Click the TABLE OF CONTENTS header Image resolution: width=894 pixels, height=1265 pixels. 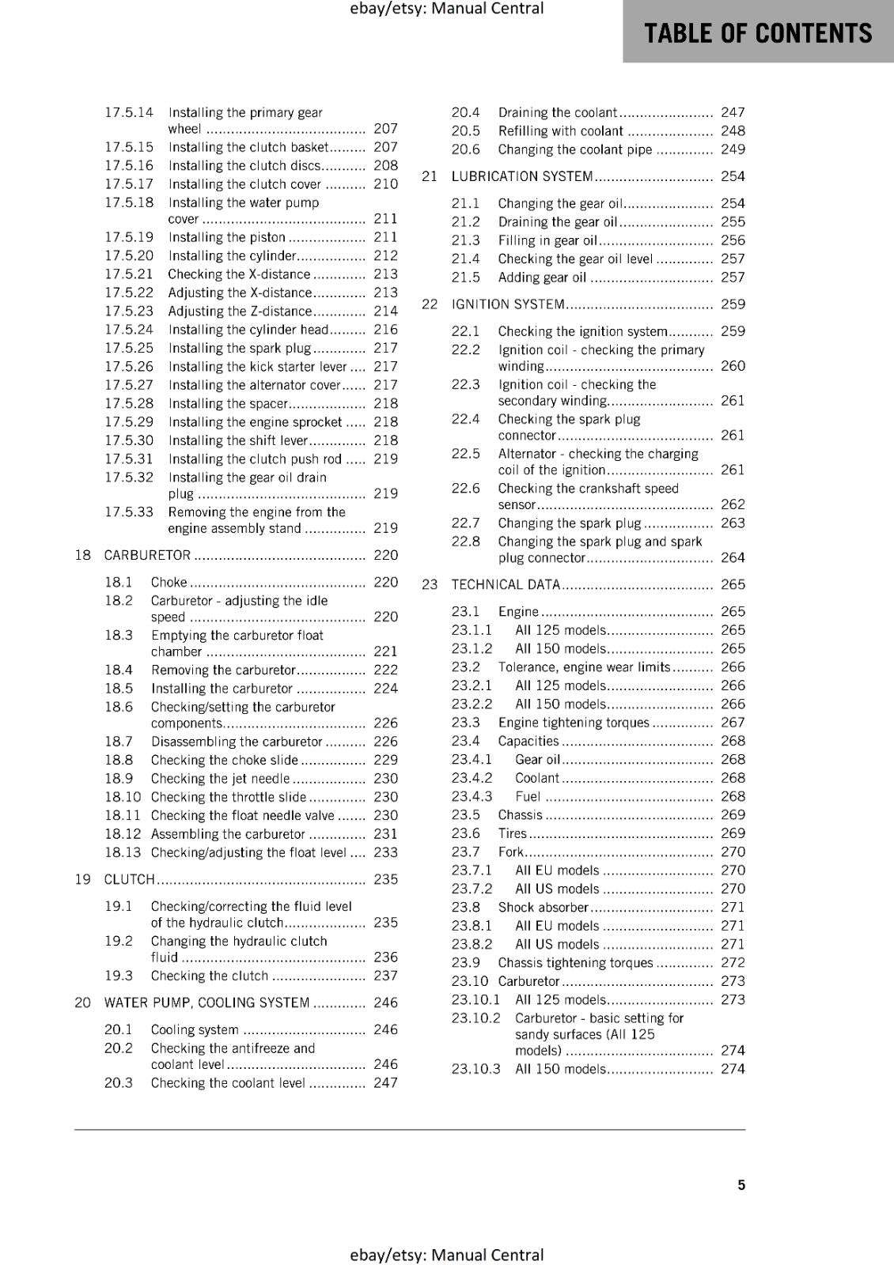pos(758,33)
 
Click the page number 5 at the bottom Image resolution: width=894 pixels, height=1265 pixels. pos(741,1184)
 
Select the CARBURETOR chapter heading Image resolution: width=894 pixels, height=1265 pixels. pos(147,555)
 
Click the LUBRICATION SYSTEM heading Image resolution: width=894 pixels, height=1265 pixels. pos(521,176)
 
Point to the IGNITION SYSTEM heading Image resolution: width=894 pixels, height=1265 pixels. pos(508,304)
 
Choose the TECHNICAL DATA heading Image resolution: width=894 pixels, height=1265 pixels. pos(506,584)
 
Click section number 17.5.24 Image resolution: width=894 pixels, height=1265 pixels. pos(129,330)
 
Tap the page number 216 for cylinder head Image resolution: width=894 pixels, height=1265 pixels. pos(385,330)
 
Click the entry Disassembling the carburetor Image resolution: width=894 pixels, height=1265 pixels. pos(237,742)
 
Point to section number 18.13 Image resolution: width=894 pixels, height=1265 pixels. pos(123,852)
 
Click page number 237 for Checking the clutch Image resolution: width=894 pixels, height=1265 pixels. pos(385,976)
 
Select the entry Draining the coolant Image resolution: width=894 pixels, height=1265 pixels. pos(557,112)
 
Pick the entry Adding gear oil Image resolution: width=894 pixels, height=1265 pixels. pos(542,278)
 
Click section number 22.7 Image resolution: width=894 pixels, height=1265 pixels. pos(465,523)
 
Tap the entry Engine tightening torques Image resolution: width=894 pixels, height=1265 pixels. pos(574,723)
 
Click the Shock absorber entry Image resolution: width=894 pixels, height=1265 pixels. pos(543,907)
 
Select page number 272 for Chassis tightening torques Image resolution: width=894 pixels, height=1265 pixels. pos(733,962)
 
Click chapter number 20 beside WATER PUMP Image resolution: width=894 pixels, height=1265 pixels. pos(82,1003)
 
